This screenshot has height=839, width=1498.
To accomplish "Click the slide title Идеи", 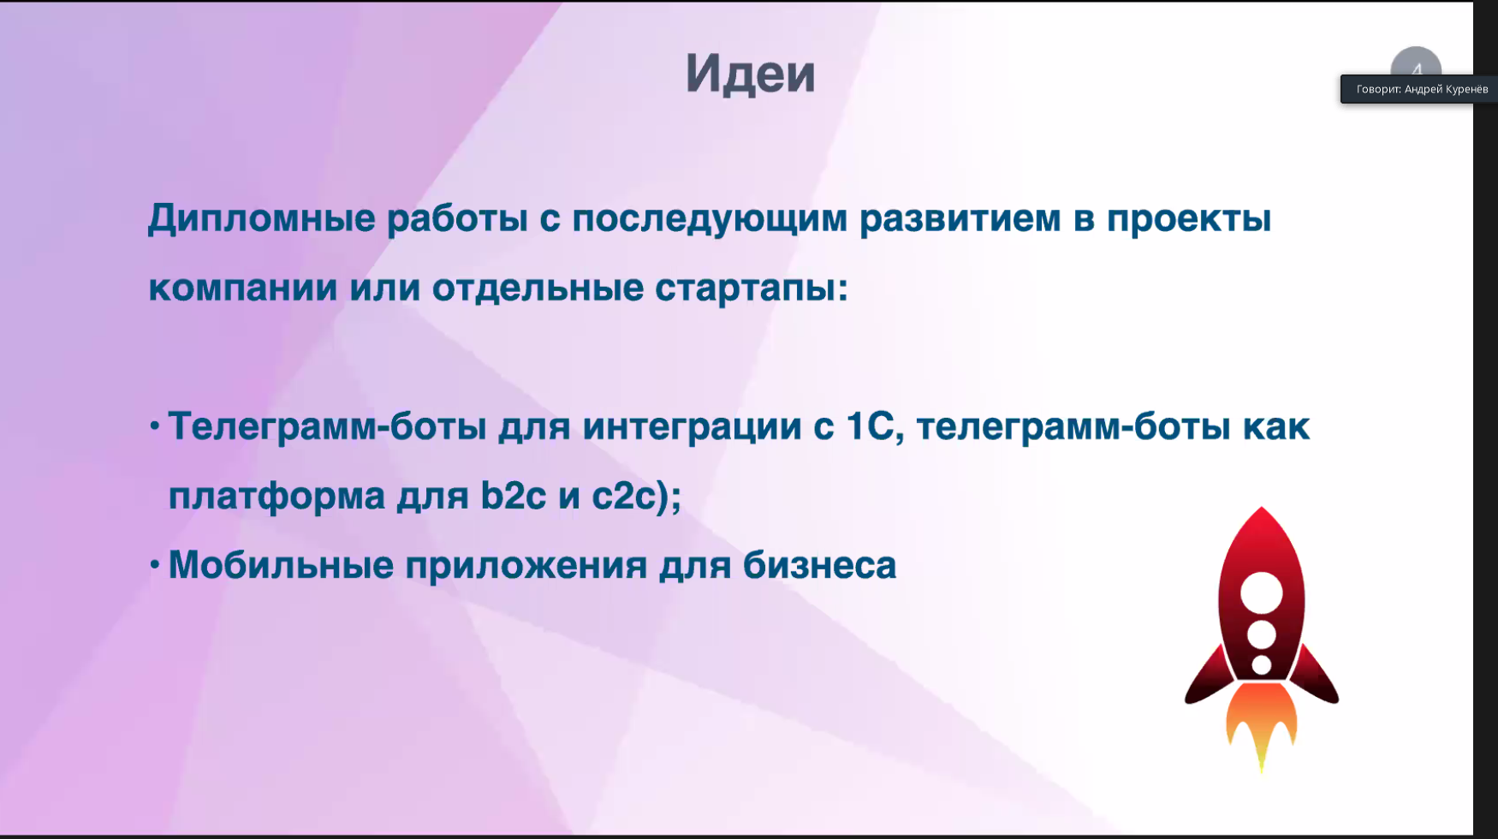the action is pos(750,74).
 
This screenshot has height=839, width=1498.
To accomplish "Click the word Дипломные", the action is pos(262,219).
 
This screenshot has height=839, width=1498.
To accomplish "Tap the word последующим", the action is pos(710,219).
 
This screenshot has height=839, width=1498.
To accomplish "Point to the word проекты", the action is pos(1189,219).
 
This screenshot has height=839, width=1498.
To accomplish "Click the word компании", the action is pos(243,288).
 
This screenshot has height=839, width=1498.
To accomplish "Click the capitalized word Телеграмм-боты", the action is pos(328,426).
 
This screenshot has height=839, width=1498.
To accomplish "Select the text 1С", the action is pos(870,426).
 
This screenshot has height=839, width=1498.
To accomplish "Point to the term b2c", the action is pos(514,495).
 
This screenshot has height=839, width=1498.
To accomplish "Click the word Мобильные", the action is pos(281,565).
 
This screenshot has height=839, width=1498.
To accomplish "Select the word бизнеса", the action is pos(820,565).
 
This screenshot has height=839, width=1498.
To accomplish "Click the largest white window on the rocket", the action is pos(1262,592).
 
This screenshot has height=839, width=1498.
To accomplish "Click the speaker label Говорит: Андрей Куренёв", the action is pos(1422,89).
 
